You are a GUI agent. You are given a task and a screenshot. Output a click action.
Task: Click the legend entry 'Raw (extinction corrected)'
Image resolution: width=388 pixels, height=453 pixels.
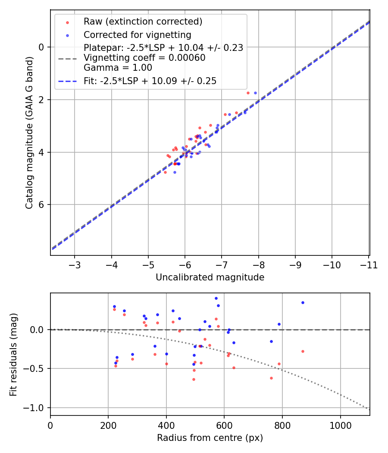point(143,22)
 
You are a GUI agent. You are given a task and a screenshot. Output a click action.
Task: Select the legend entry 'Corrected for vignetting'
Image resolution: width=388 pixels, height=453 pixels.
point(137,35)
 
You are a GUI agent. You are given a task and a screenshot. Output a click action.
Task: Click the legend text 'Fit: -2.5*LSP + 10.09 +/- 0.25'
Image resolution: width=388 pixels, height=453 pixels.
point(150,81)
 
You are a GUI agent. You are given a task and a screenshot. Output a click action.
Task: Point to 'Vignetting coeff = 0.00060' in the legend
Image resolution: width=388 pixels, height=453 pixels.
point(144,58)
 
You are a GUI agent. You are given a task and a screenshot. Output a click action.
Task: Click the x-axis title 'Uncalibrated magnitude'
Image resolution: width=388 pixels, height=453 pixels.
point(210,277)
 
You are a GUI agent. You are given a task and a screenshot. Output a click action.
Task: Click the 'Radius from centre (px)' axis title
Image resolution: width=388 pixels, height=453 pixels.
point(210,438)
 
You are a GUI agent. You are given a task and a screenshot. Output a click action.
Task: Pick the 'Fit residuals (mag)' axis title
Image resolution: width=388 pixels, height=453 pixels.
point(14,354)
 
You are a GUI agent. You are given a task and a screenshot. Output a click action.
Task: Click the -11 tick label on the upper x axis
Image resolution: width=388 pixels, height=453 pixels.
point(369,264)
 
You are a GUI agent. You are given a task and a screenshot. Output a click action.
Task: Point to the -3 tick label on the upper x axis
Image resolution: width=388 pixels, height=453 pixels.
point(75,264)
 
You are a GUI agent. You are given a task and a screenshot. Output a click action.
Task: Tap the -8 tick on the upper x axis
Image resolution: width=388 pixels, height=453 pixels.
point(258,264)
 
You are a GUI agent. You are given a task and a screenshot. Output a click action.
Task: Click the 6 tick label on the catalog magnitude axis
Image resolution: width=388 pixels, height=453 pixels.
point(42,205)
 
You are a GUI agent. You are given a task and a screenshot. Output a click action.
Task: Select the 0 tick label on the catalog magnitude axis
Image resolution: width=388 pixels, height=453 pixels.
point(42,47)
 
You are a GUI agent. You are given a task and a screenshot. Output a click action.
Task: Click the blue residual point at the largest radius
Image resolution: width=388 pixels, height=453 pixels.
point(303,302)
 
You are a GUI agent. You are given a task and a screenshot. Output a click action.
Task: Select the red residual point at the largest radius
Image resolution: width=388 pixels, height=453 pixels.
point(303,351)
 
